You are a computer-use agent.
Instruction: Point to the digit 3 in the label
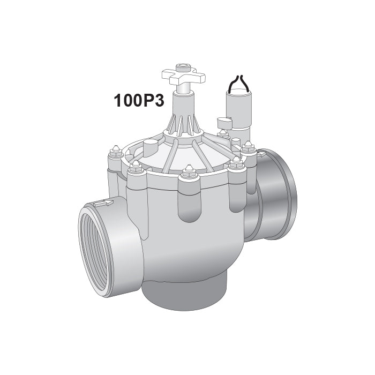(158, 101)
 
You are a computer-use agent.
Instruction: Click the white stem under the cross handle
(182, 96)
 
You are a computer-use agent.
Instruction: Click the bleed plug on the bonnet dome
(151, 145)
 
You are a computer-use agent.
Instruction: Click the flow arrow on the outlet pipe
(261, 154)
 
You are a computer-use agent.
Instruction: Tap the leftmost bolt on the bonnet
(115, 156)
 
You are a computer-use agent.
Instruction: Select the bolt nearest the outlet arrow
(248, 147)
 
